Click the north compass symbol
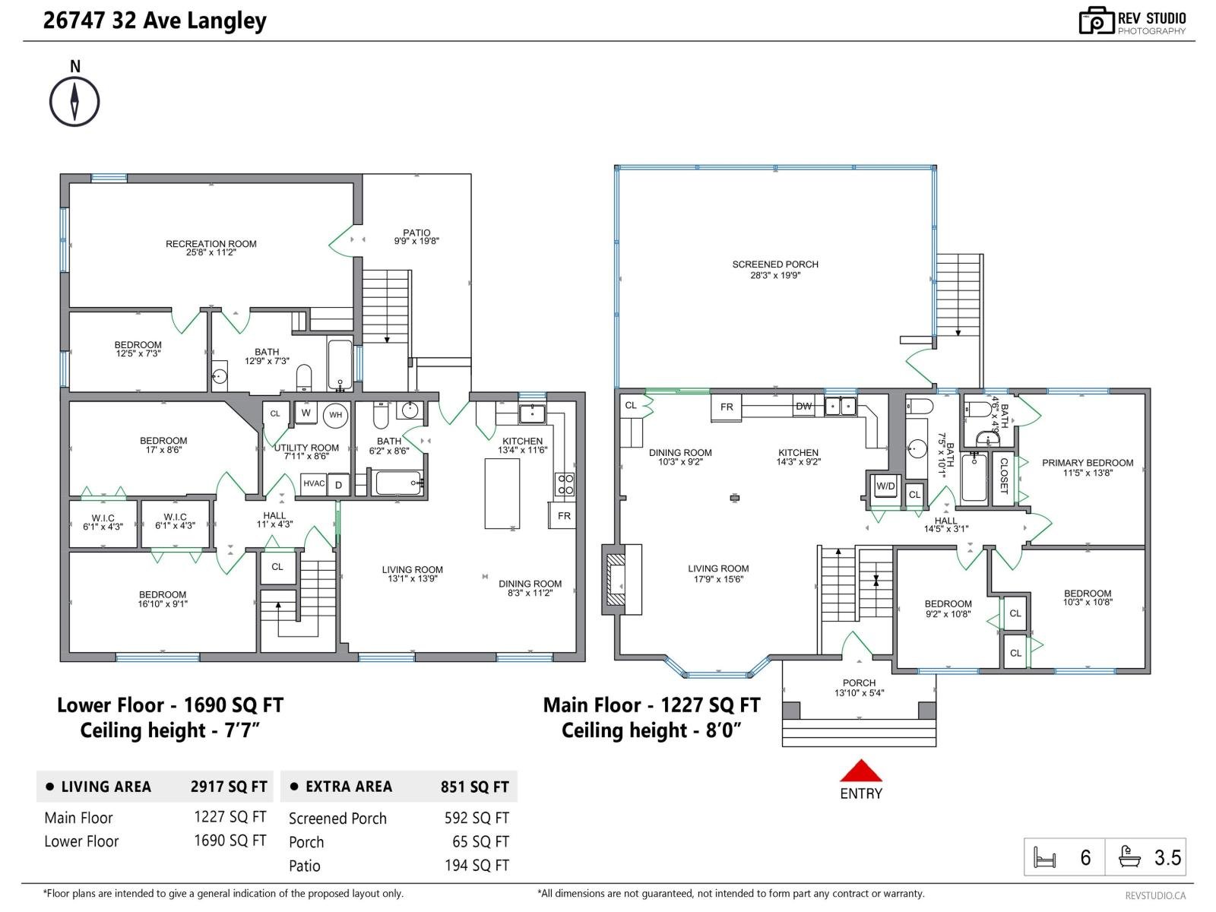pos(74,102)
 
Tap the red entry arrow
pos(860,770)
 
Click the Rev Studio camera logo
pos(1095,21)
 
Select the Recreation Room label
pos(211,244)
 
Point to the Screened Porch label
pos(775,264)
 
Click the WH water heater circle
pos(336,415)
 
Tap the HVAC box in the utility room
pos(314,483)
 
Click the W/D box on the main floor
pos(885,486)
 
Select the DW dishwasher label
pos(804,407)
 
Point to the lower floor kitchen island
pos(502,493)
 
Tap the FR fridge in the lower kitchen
pos(563,515)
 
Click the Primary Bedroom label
pos(1088,463)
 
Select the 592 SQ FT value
pos(477,818)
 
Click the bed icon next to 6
pos(1045,858)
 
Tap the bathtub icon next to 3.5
pos(1129,857)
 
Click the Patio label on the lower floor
pos(416,233)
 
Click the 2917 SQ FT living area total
pos(229,787)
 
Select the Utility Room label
pos(306,448)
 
